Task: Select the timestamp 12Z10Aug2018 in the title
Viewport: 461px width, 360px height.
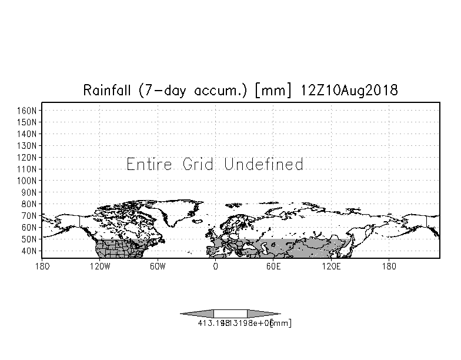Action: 349,91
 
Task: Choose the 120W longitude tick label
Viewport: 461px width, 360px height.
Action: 100,266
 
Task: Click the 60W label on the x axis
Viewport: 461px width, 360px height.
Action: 158,266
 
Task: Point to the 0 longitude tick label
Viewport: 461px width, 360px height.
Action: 215,266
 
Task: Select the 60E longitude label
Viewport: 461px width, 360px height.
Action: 273,266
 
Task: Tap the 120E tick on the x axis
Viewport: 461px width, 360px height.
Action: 331,266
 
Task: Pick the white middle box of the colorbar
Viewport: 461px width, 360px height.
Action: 230,314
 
